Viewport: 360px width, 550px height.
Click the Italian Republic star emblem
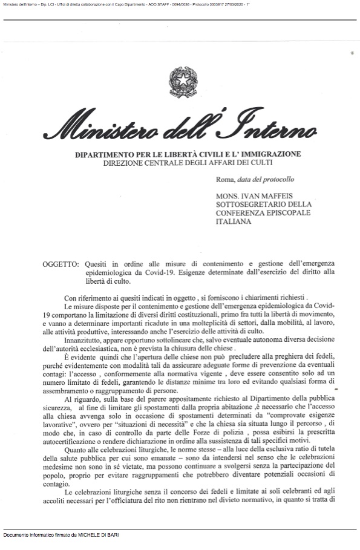coord(180,82)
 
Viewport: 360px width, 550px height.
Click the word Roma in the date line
coord(224,180)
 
